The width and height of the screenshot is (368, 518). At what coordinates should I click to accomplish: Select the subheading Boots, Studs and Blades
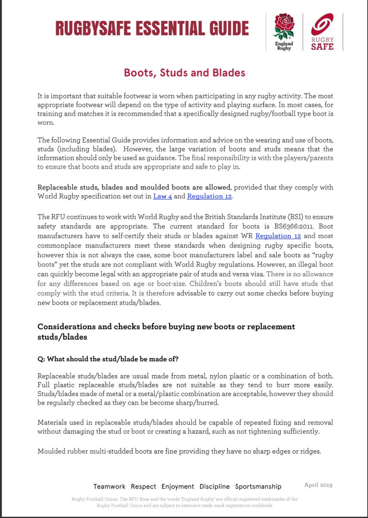coord(184,72)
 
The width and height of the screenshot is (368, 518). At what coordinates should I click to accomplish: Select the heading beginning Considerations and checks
coord(167,332)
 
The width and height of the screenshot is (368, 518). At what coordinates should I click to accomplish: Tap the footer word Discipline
coord(214,486)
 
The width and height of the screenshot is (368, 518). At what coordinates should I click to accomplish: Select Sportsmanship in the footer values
coord(258,486)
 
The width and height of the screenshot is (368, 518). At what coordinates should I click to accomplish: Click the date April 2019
coord(318,485)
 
